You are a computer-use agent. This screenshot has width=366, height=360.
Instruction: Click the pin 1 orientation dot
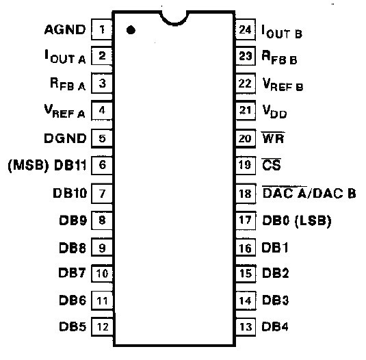tap(131, 30)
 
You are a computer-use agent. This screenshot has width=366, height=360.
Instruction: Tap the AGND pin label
tap(65, 29)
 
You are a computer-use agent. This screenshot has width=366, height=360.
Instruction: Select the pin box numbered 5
tap(102, 138)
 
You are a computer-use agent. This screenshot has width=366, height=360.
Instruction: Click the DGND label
tap(65, 138)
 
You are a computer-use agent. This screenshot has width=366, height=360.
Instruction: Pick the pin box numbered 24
tap(246, 29)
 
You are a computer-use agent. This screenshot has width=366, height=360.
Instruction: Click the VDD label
tap(274, 112)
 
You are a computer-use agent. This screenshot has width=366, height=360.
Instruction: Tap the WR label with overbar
tap(273, 138)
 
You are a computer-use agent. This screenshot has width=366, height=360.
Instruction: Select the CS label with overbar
tap(271, 164)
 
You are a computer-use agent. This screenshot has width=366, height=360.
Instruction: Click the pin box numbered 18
tap(246, 194)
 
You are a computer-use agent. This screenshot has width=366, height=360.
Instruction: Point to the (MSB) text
tap(29, 165)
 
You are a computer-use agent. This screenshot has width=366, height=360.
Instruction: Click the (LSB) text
tap(313, 220)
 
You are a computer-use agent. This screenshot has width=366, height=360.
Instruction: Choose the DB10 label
tap(70, 193)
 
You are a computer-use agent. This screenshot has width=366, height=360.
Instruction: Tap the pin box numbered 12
tap(102, 326)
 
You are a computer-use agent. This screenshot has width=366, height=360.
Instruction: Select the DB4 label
tap(275, 326)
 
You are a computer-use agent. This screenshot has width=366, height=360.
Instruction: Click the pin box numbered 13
tap(246, 326)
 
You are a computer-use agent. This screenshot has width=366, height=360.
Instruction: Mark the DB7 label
tap(72, 272)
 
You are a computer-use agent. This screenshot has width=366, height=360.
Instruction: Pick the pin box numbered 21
tap(246, 110)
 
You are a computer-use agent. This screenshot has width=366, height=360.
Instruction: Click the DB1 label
tap(275, 248)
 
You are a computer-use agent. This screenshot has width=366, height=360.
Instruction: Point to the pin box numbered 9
tap(102, 248)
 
